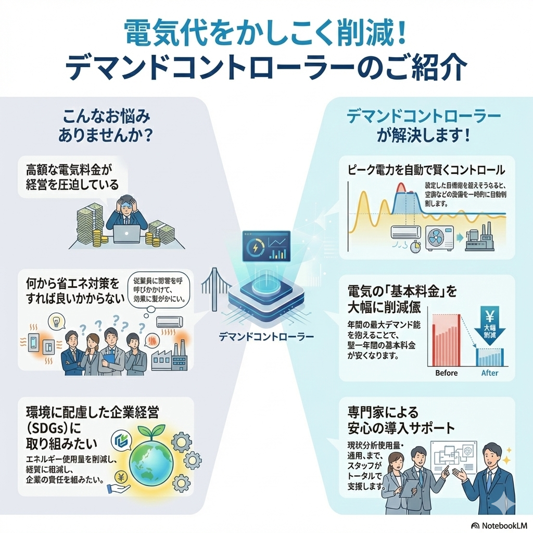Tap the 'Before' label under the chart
[446, 373]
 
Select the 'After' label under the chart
[489, 373]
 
